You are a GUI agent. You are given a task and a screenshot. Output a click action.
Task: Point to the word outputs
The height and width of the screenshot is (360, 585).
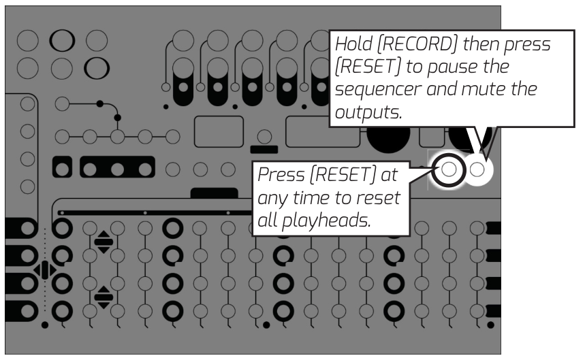pyautogui.click(x=366, y=112)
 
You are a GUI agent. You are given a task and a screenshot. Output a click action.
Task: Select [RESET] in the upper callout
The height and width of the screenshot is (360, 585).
pyautogui.click(x=366, y=68)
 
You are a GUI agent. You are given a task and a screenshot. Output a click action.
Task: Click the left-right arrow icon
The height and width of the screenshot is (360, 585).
pyautogui.click(x=45, y=270)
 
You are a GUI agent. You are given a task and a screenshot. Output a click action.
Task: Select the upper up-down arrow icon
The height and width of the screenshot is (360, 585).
pyautogui.click(x=104, y=242)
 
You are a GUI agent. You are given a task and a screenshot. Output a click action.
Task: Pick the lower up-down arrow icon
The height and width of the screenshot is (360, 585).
pyautogui.click(x=104, y=297)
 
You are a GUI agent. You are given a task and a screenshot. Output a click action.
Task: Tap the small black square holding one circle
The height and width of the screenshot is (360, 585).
pyautogui.click(x=62, y=167)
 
